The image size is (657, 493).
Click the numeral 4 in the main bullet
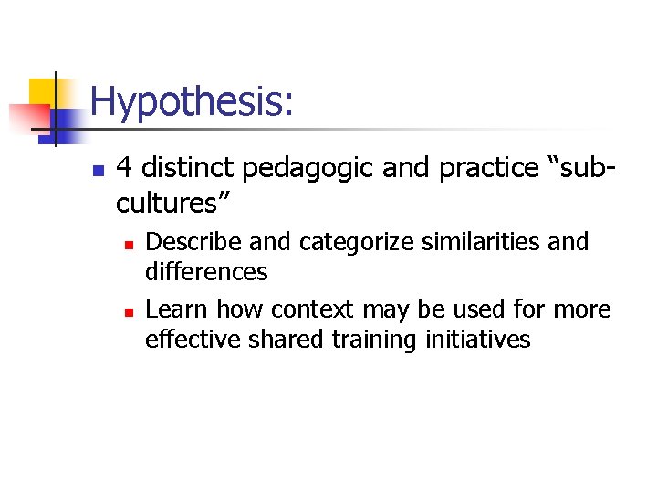[126, 169]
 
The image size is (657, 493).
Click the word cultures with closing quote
[174, 201]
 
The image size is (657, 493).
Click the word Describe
[187, 242]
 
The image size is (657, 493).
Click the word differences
[206, 272]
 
